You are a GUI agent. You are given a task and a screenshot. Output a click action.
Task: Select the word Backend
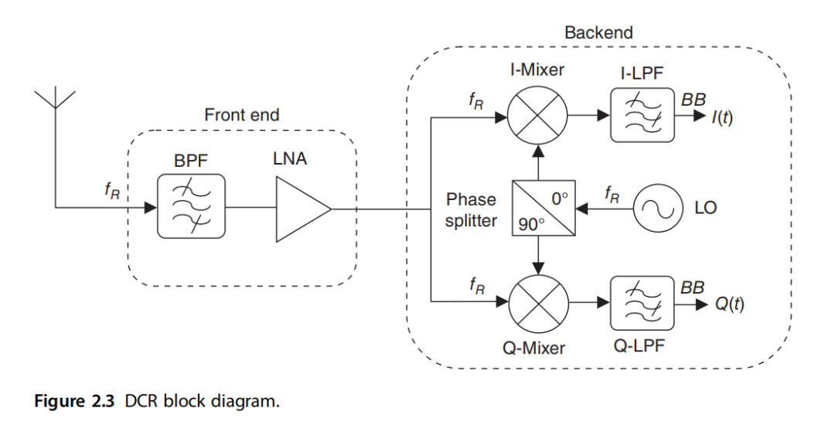(x=598, y=32)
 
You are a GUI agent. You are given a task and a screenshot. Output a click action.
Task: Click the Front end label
(x=241, y=115)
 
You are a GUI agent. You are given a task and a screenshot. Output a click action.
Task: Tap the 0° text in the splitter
(x=558, y=197)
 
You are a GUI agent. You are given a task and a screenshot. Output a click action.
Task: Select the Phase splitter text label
(x=471, y=209)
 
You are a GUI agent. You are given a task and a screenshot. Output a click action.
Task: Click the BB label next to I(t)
(x=693, y=100)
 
